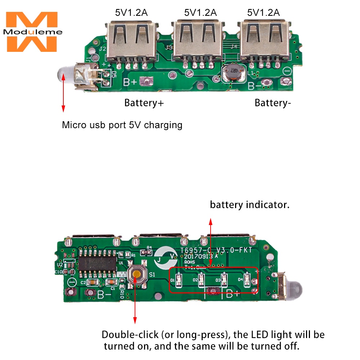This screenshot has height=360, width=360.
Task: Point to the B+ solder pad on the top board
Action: pyautogui.click(x=145, y=82)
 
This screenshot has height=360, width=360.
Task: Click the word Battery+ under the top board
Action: pyautogui.click(x=144, y=103)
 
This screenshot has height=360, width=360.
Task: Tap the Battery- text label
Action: pyautogui.click(x=273, y=103)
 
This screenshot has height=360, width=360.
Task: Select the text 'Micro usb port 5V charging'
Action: pyautogui.click(x=122, y=125)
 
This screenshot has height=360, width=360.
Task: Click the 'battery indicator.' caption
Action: pyautogui.click(x=250, y=205)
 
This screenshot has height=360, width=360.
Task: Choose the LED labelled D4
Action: pyautogui.click(x=247, y=279)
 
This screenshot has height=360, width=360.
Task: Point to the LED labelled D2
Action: pyautogui.click(x=202, y=279)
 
